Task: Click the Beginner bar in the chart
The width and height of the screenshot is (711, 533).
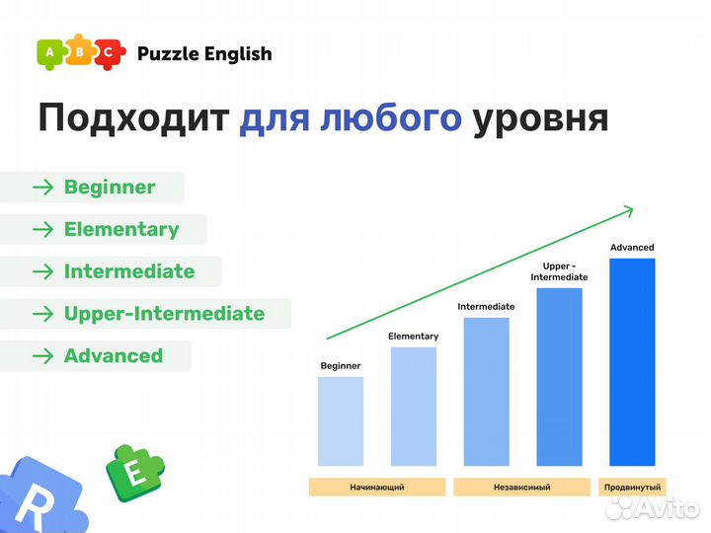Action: pyautogui.click(x=340, y=421)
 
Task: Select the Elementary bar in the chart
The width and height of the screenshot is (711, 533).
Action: pyautogui.click(x=413, y=407)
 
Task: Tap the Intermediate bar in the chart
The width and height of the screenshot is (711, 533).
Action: pyautogui.click(x=486, y=392)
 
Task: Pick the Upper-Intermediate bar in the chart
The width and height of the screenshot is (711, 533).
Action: pyautogui.click(x=559, y=377)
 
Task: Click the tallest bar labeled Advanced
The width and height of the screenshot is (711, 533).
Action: pyautogui.click(x=632, y=362)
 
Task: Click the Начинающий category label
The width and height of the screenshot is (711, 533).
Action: pyautogui.click(x=376, y=488)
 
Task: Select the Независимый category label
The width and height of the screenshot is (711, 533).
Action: pyautogui.click(x=521, y=488)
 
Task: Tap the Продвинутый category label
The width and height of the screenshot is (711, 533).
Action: pyautogui.click(x=632, y=488)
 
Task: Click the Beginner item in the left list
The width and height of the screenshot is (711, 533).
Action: pyautogui.click(x=109, y=188)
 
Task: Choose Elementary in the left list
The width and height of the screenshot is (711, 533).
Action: pyautogui.click(x=120, y=230)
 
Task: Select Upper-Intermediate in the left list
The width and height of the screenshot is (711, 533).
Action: pyautogui.click(x=164, y=314)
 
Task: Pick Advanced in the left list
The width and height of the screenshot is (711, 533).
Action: pyautogui.click(x=113, y=356)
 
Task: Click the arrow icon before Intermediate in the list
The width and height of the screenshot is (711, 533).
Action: pyautogui.click(x=42, y=272)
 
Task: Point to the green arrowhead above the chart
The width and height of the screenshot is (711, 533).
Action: pyautogui.click(x=625, y=209)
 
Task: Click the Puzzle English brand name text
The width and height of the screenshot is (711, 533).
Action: pyautogui.click(x=204, y=54)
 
